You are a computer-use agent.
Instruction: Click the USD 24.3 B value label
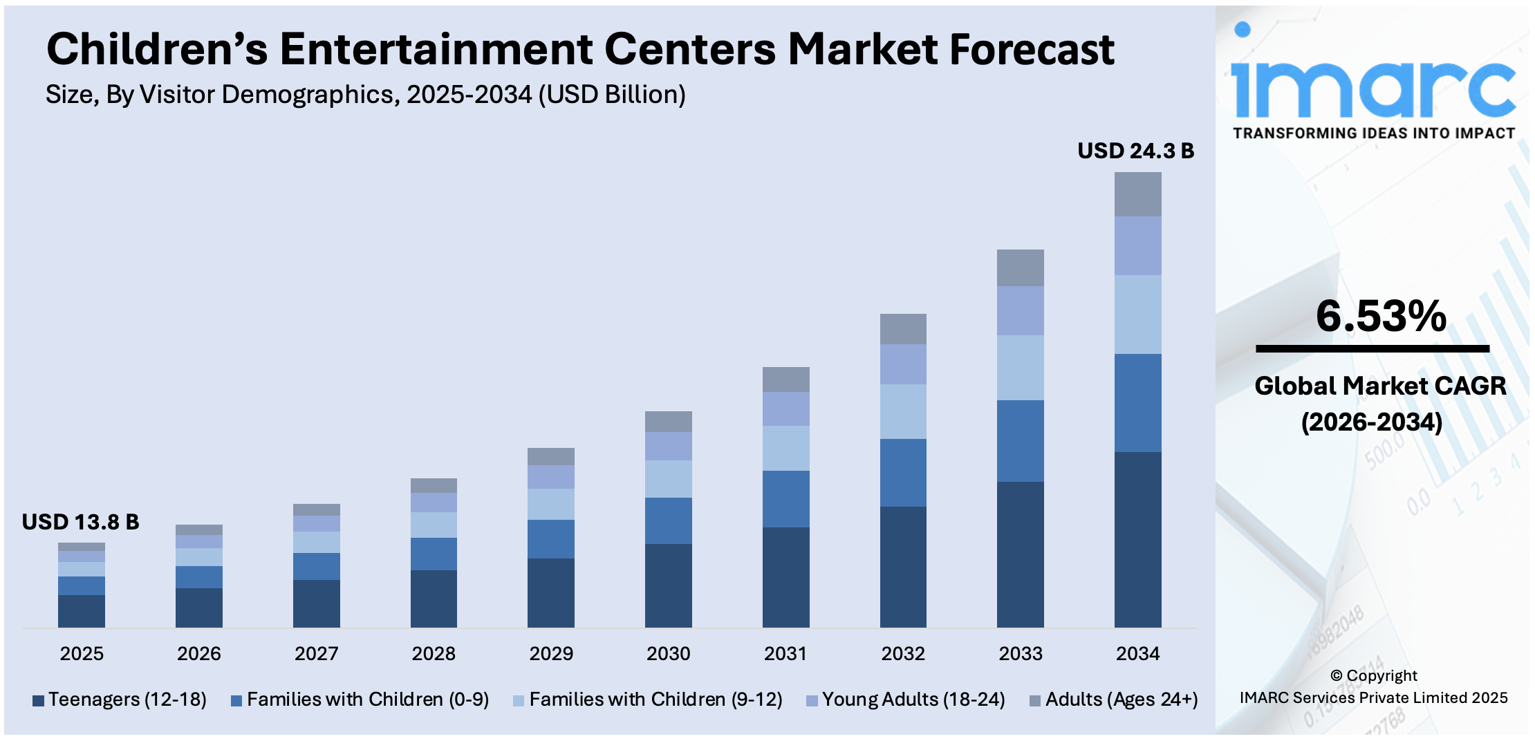click(1135, 151)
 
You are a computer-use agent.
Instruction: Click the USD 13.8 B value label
click(80, 522)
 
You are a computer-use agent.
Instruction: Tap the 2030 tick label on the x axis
click(668, 653)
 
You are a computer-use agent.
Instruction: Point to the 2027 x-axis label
click(316, 653)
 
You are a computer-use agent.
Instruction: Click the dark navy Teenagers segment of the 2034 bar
click(1137, 539)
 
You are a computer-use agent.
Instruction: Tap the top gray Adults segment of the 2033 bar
click(1020, 268)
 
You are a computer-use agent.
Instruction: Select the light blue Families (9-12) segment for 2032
click(903, 411)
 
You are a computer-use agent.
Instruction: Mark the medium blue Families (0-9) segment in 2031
click(785, 499)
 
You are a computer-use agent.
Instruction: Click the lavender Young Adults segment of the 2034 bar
click(1137, 245)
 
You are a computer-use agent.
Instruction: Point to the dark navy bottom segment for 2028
click(434, 599)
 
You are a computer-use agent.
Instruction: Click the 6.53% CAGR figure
click(1380, 316)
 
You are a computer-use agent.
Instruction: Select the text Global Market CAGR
click(1380, 386)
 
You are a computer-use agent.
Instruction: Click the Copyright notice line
click(1373, 675)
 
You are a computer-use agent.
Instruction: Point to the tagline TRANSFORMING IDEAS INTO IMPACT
click(1373, 133)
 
